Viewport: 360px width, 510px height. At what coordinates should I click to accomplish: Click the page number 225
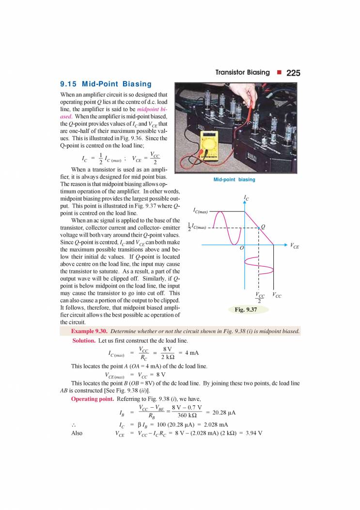293,73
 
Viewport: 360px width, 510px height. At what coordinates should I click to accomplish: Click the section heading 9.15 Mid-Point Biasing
106,84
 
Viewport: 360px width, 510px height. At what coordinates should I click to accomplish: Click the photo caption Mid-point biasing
234,179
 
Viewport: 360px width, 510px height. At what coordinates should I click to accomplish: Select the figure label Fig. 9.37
245,309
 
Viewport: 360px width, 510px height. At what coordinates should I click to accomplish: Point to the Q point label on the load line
263,226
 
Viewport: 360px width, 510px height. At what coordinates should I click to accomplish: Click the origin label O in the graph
241,248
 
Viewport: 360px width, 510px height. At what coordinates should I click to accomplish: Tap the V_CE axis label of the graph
295,246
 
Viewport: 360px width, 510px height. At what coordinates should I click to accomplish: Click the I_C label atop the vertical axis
247,198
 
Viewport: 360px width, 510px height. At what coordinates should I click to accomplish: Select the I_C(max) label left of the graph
200,211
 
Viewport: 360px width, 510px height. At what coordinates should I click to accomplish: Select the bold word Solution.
85,341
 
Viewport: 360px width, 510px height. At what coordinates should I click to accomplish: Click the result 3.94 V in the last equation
251,432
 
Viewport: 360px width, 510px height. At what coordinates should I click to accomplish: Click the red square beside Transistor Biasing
279,73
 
